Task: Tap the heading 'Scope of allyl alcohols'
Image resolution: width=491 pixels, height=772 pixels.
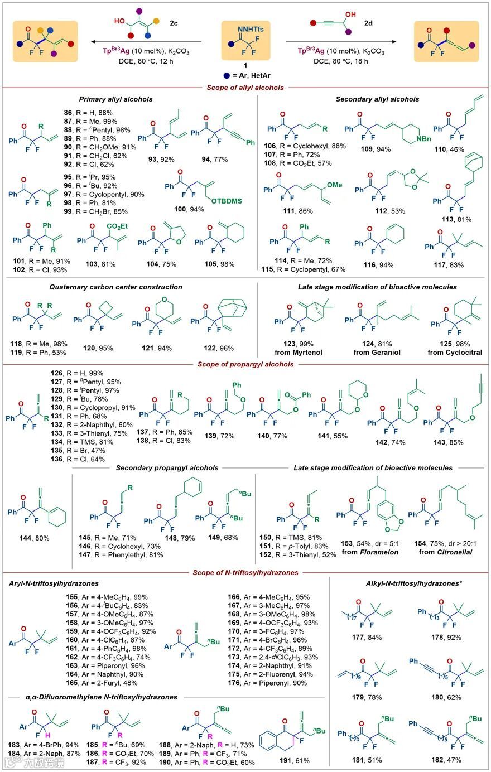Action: pyautogui.click(x=245, y=87)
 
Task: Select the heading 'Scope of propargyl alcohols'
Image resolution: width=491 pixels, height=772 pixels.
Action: pyautogui.click(x=245, y=365)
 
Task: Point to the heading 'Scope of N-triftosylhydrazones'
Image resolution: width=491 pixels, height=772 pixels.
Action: pyautogui.click(x=246, y=573)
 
